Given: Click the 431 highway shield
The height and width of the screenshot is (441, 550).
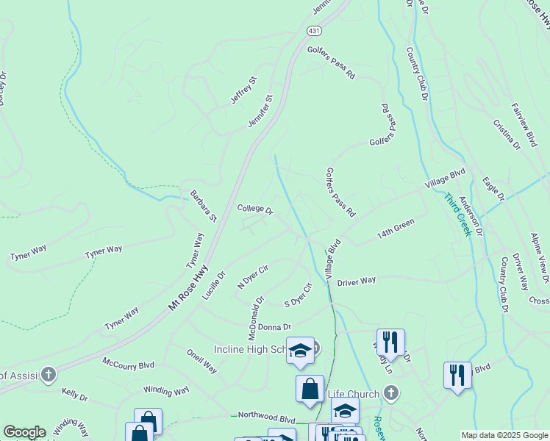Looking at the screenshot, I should (314, 31).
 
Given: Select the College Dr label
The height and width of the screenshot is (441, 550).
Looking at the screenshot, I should (255, 209).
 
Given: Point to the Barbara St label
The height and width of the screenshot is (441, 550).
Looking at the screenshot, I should (203, 207).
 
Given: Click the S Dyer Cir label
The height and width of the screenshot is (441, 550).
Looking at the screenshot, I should (299, 295).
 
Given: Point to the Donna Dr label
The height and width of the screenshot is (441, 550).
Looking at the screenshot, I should (274, 326).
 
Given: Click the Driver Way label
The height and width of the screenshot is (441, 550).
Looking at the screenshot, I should (357, 281).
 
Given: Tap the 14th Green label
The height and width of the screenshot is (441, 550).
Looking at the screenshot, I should (396, 227).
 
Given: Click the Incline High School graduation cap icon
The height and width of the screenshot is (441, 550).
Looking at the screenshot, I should (300, 351).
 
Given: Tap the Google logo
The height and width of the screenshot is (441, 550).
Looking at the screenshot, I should (24, 432).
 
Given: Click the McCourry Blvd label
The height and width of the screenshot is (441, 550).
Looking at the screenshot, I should (129, 364).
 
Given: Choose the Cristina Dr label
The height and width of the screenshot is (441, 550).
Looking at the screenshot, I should (507, 135).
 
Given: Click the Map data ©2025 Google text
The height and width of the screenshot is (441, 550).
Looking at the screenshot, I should (503, 435).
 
